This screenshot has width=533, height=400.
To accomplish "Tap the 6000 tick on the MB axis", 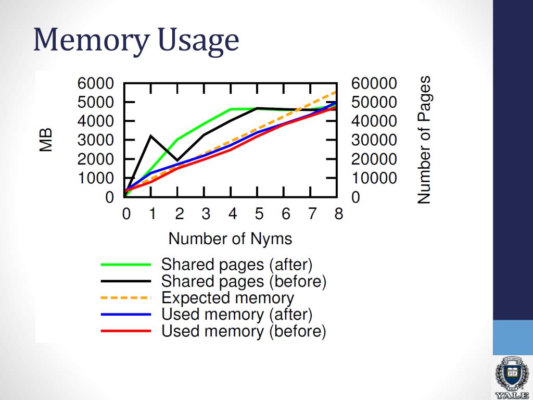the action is coord(95,83).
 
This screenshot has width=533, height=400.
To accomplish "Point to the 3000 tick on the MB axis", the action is coord(95,140).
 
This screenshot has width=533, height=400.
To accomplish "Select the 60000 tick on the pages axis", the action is coord(374,83).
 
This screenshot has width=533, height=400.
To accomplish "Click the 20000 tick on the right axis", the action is coord(374,159).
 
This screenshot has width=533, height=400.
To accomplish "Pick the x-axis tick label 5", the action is coord(259,214).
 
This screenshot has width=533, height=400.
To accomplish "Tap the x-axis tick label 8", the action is coord(338,214).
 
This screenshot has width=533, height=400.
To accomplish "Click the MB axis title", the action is coord(47,140).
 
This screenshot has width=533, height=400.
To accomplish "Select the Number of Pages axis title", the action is coord(425,140).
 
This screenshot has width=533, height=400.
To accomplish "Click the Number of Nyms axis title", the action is coord(230,239).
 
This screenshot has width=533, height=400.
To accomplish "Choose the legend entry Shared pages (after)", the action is coord(237,265).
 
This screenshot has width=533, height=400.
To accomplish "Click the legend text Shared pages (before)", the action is coord(244,281).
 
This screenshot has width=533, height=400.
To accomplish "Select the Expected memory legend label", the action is coord(227,298).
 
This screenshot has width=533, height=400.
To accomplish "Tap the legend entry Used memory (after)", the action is coord(237,315).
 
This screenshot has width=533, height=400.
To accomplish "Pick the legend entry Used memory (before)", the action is coord(244,331).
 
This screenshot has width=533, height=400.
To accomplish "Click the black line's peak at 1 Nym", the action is coord(151,136).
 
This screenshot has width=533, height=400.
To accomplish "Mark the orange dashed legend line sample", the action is coord(125,298).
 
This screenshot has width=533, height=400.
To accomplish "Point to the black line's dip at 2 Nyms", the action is coord(177,160).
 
